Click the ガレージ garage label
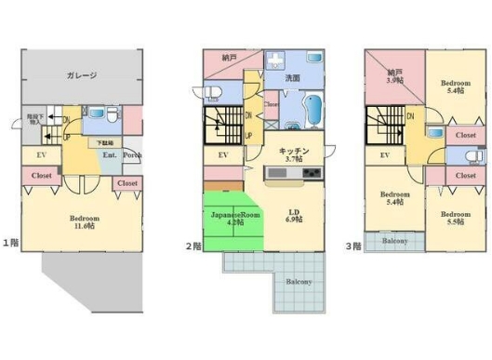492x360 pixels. click(82, 75)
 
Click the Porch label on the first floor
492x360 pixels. click(132, 155)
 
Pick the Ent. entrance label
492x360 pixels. click(110, 155)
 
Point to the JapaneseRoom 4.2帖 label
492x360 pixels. click(234, 219)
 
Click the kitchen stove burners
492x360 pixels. click(310, 174)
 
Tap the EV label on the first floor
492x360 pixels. click(42, 155)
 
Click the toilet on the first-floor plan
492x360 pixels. click(111, 116)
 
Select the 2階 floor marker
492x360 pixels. click(192, 246)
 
